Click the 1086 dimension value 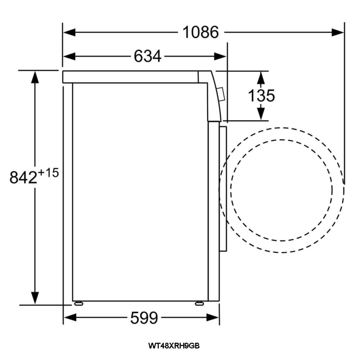click(x=201, y=32)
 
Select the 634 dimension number click(x=147, y=56)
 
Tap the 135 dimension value click(x=261, y=95)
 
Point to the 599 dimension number click(x=144, y=318)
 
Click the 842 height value click(x=23, y=177)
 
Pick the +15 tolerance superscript click(x=48, y=173)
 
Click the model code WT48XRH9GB click(x=174, y=346)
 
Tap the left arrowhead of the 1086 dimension click(x=69, y=32)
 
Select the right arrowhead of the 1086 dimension click(x=338, y=32)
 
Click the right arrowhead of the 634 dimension click(x=220, y=56)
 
